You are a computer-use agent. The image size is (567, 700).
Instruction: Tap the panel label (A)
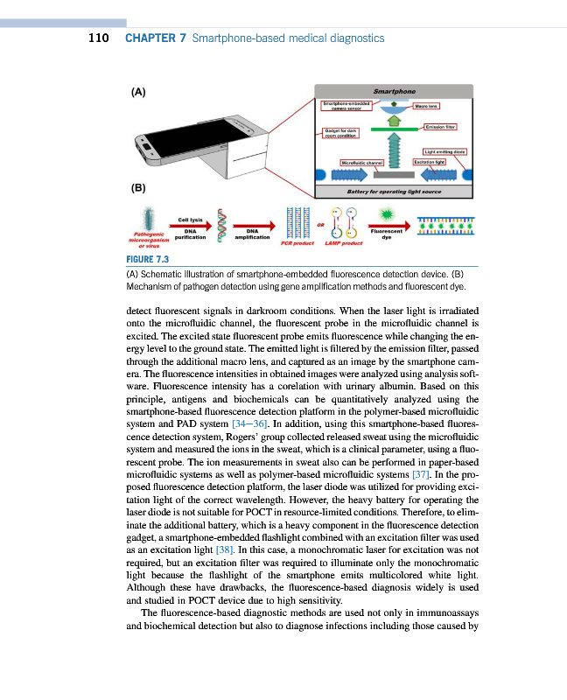(x=138, y=91)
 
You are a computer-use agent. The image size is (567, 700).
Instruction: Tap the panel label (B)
(x=138, y=187)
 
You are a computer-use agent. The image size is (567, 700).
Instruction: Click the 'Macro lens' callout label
(x=426, y=107)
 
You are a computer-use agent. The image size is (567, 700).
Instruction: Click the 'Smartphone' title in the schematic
(x=394, y=90)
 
